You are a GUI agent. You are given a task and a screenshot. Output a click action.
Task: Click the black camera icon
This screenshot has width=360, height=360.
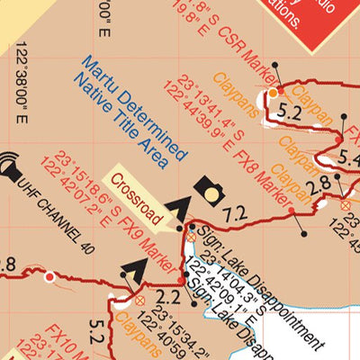coord(211,190)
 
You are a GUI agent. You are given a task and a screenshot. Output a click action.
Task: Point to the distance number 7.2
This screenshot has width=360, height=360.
coord(235,214)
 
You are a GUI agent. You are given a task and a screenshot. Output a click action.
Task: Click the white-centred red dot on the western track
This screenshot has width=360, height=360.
coord(49,276)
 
